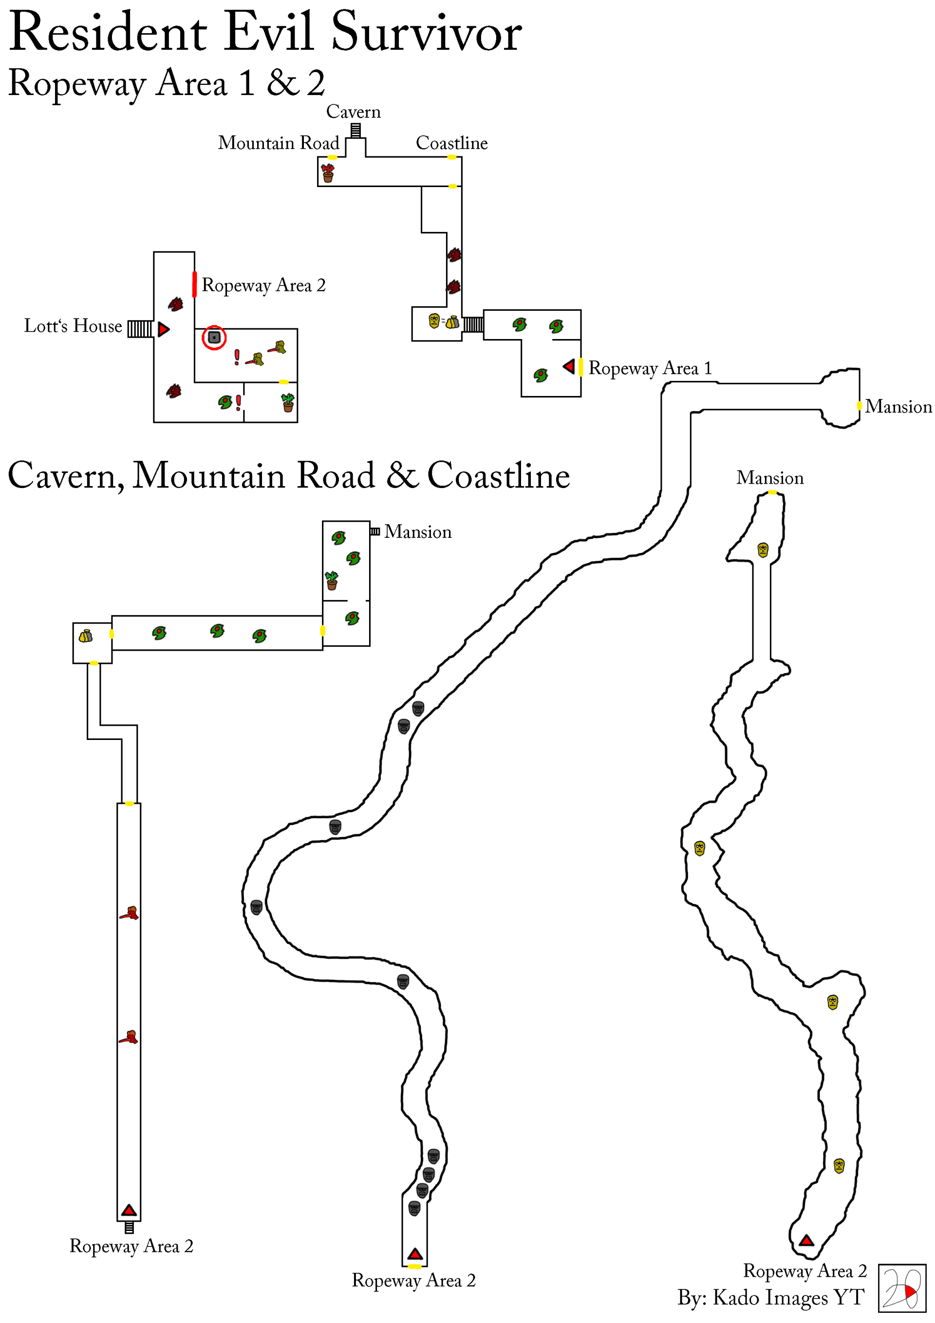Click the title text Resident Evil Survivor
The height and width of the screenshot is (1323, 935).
click(265, 32)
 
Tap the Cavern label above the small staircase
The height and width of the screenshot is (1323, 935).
click(353, 111)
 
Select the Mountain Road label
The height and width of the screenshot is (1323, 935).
click(278, 142)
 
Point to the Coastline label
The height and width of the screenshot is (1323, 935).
click(451, 142)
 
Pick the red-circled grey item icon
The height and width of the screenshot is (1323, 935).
click(214, 337)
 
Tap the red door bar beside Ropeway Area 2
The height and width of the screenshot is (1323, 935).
click(195, 284)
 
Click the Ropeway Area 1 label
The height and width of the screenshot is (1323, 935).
click(650, 368)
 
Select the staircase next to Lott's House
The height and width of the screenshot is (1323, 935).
click(140, 328)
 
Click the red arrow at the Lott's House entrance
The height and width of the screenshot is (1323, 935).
click(164, 329)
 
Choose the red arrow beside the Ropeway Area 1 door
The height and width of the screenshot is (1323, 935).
click(569, 366)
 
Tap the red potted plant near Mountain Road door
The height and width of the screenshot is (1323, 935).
click(328, 172)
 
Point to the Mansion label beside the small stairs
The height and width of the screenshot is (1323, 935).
click(418, 531)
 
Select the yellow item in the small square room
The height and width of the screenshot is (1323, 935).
click(86, 636)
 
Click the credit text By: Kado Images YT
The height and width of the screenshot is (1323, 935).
click(770, 1297)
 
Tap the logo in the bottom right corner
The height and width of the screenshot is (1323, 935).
click(901, 1288)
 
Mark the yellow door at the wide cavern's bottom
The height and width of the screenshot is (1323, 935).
click(414, 1266)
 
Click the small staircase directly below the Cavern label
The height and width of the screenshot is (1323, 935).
click(356, 131)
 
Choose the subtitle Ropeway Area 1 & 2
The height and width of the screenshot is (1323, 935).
click(167, 83)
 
